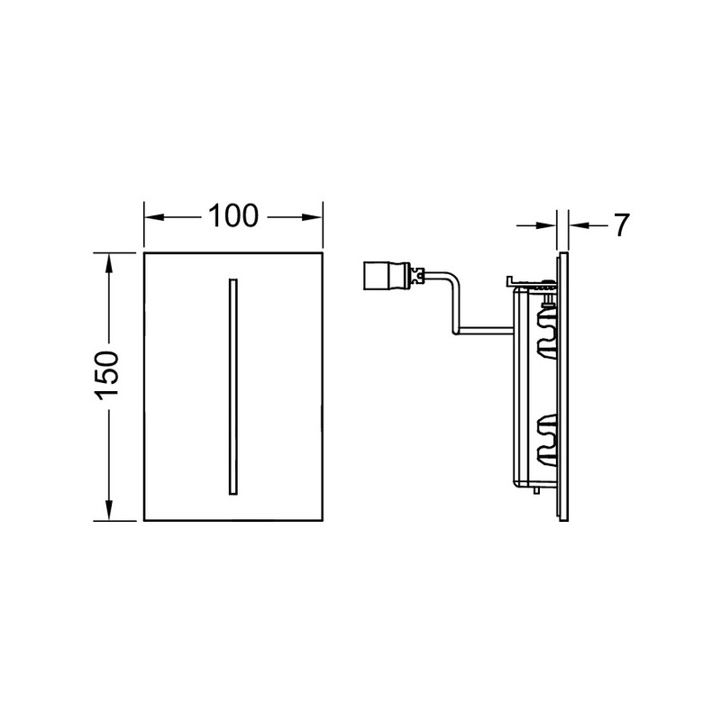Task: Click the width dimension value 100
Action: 233,216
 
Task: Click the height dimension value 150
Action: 106,375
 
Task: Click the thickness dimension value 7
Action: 621,225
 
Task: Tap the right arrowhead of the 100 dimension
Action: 312,216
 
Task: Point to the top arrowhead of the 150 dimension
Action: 109,263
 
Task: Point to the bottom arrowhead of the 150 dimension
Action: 109,510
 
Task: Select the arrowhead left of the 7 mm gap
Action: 547,225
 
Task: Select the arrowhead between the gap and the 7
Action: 579,225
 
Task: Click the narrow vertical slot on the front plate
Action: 233,387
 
